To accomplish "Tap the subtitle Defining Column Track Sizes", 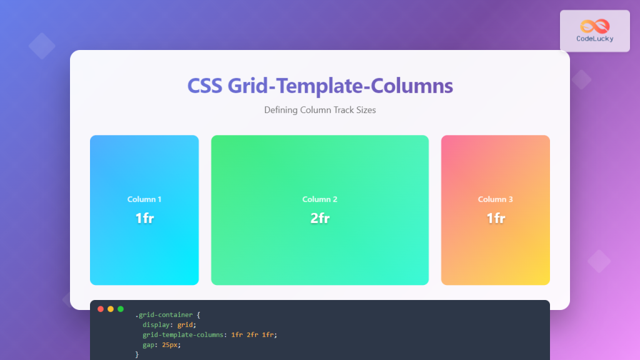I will pos(319,110).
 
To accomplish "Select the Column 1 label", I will pos(144,199).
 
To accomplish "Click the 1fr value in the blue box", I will pos(144,218).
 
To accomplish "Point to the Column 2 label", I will pos(319,199).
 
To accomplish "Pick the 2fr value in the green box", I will pos(319,218).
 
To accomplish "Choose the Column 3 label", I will pos(495,199).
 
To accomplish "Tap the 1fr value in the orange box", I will pos(495,218).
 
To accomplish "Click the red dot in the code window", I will pos(101,309).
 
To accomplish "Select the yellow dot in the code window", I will pos(111,309).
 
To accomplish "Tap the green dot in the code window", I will pos(121,309).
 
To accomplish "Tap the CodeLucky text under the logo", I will pos(594,39).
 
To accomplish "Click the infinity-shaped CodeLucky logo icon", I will pos(594,26).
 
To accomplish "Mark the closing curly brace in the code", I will pos(137,354).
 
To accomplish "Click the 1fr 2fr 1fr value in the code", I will pos(253,334).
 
